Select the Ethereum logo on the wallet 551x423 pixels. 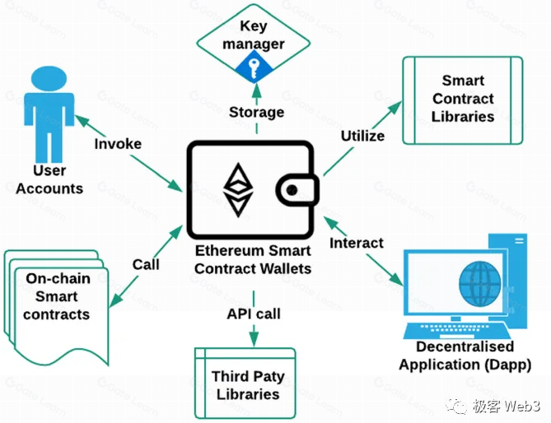click(239, 188)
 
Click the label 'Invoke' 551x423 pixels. click(118, 144)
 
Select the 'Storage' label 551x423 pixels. click(256, 112)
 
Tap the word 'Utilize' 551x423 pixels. click(362, 135)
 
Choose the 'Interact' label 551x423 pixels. click(357, 243)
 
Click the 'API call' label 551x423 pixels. click(254, 314)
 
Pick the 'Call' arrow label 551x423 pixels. click(146, 265)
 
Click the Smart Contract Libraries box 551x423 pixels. click(462, 99)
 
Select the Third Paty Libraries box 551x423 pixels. click(248, 385)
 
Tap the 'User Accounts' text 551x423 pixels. click(49, 179)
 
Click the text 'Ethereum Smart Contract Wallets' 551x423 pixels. click(253, 259)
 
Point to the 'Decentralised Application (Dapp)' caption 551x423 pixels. click(465, 356)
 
